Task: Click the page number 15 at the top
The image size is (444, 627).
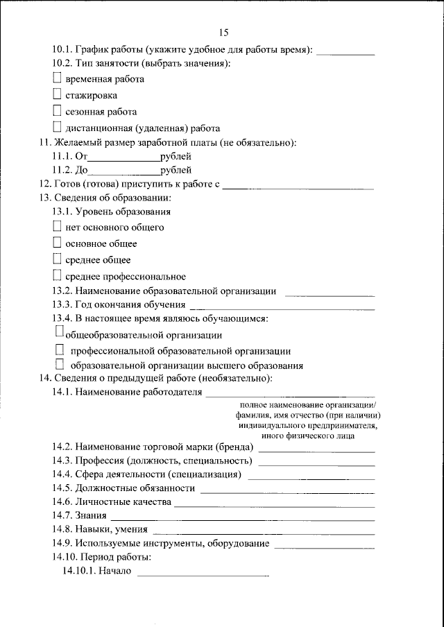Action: coord(223,33)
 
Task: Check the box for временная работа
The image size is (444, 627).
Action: coord(58,78)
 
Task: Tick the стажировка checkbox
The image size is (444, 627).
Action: coord(58,94)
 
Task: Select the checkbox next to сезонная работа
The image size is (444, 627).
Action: coord(58,111)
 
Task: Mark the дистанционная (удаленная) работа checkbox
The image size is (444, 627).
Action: coord(58,127)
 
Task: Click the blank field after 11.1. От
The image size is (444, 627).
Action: coord(122,158)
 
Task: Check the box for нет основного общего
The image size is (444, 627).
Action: coord(58,226)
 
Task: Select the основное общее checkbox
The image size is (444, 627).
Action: coord(58,243)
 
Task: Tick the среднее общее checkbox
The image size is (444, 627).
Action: coord(58,259)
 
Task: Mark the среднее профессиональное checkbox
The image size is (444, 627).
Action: coord(58,276)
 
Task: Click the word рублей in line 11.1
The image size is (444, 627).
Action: coord(176,157)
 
